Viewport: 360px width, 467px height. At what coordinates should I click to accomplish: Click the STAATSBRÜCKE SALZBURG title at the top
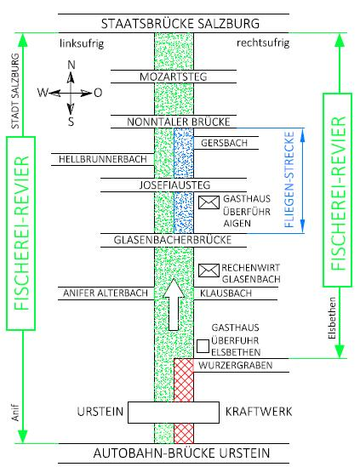point(180,24)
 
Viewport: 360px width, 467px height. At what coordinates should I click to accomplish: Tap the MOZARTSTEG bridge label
point(173,77)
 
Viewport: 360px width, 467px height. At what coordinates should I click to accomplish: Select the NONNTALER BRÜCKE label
point(179,122)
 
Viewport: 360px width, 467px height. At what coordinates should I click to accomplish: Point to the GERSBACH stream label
point(224,143)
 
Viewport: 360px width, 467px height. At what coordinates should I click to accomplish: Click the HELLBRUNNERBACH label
point(103,159)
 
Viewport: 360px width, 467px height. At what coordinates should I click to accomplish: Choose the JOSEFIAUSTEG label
point(175,185)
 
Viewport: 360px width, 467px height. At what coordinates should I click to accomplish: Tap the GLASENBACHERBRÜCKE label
point(173,240)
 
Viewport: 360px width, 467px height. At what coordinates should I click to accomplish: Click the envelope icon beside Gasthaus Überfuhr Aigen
point(209,202)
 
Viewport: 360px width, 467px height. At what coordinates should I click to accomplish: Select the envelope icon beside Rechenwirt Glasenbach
point(209,271)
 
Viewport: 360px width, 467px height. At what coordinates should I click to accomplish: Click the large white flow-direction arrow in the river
point(174,305)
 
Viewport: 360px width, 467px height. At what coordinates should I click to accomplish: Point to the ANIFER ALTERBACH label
point(106,293)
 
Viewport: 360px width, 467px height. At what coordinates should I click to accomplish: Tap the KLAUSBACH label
point(226,293)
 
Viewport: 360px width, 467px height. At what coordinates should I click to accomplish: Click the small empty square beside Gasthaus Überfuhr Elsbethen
point(203,346)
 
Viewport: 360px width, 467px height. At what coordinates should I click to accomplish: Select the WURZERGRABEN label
point(236,366)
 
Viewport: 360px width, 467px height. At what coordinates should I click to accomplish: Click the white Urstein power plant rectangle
point(174,413)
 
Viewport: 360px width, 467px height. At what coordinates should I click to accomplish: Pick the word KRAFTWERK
point(259,412)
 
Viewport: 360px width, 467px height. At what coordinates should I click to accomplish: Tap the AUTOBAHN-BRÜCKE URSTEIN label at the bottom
point(181,453)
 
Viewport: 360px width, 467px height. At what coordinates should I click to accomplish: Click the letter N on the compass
point(71,65)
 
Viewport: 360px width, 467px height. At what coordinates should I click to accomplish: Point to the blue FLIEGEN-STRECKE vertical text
point(289,179)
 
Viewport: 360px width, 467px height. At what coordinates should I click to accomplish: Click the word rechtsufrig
point(263,43)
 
